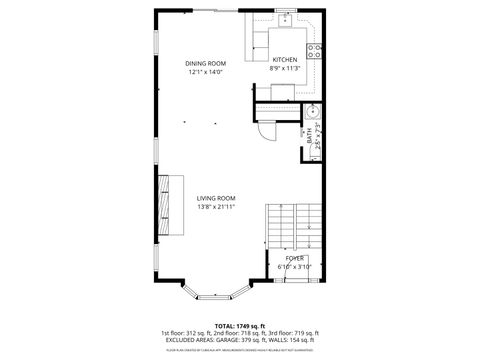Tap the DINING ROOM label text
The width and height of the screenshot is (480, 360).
coord(205,64)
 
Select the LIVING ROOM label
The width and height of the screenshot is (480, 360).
coord(215,199)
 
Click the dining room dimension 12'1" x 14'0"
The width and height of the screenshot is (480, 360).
coord(205,72)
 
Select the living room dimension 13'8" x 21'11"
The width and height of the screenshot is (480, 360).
coord(215,207)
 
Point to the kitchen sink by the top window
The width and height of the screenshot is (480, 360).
coord(285,18)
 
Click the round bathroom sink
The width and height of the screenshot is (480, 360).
coord(311,112)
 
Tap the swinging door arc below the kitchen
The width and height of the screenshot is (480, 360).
coord(265,131)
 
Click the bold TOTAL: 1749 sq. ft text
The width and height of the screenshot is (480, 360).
coord(239,325)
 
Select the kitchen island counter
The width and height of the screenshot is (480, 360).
coord(275,40)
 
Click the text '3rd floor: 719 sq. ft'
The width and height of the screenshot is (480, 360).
coord(294,332)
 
